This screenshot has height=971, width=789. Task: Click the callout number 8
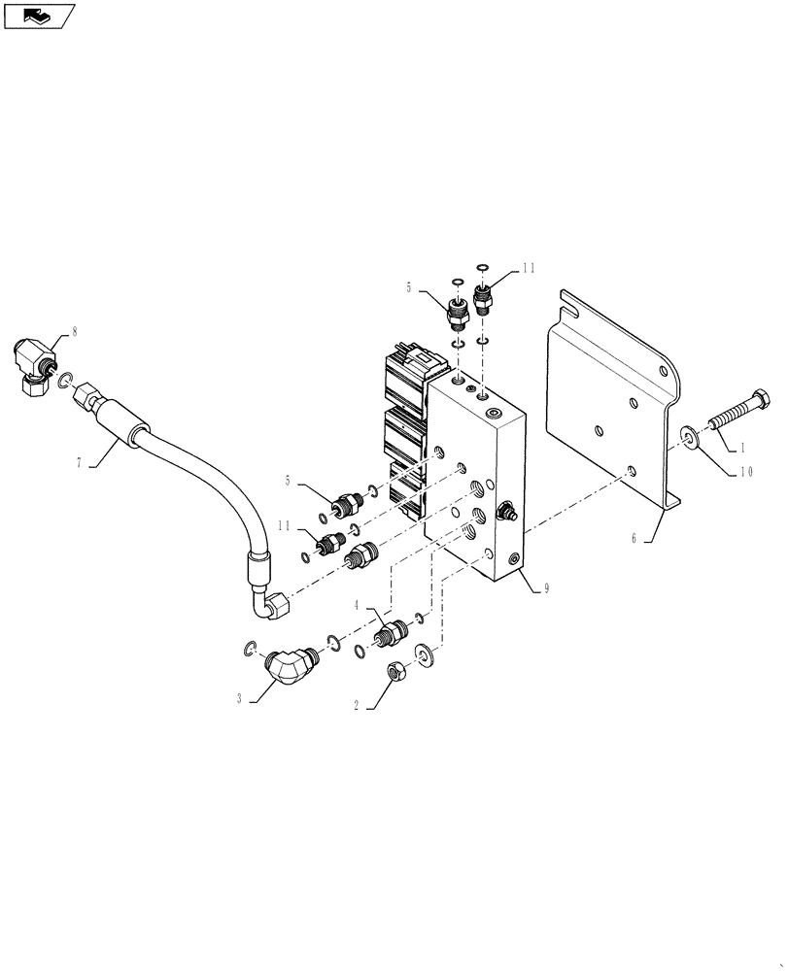click(74, 332)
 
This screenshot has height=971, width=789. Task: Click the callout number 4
click(357, 605)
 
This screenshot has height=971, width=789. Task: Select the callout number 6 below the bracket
click(634, 537)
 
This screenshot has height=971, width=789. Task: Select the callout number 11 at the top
click(528, 269)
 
